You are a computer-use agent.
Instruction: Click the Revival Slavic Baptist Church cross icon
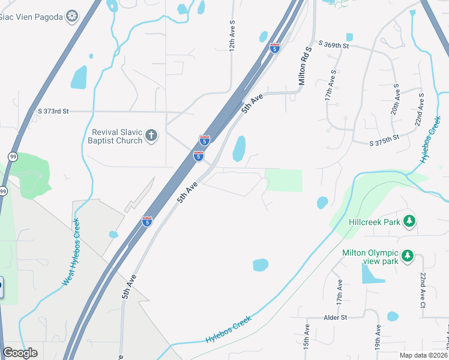[x=151, y=136]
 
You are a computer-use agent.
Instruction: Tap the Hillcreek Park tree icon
[x=409, y=221]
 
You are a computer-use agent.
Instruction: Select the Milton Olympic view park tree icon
[x=408, y=256]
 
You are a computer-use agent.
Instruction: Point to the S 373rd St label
[x=53, y=111]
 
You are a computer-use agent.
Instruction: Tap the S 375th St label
[x=384, y=142]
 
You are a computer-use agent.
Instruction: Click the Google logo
[x=20, y=353]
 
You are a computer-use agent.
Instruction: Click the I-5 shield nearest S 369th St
[x=274, y=48]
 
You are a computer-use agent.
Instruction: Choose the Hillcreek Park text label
[x=375, y=221]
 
